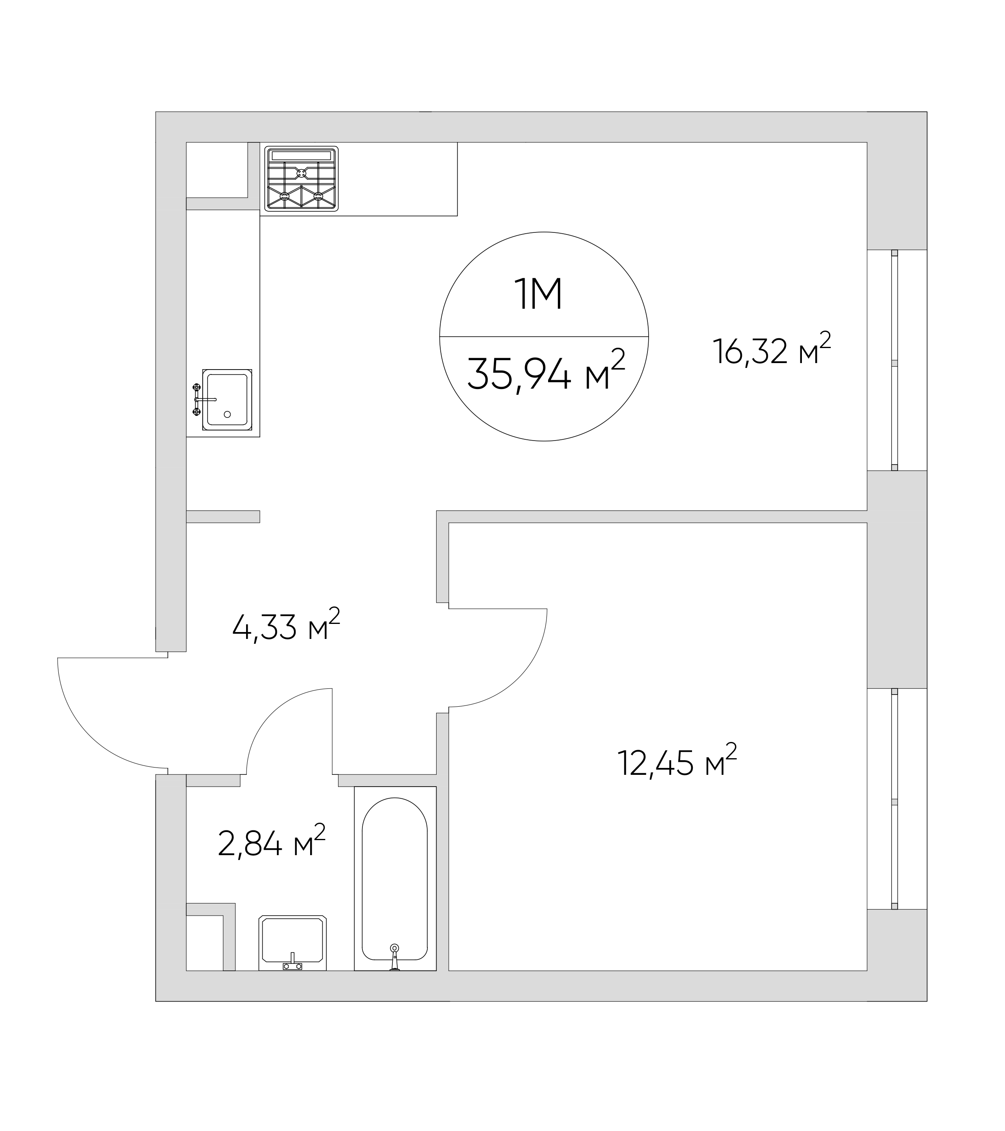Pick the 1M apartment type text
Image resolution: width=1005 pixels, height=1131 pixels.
538,295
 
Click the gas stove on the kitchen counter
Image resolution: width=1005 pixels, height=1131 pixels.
302,179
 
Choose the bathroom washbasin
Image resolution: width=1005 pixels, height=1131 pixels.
293,943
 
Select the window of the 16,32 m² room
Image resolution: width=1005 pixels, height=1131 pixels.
894,360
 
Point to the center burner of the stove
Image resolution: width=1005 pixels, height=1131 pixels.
302,173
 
